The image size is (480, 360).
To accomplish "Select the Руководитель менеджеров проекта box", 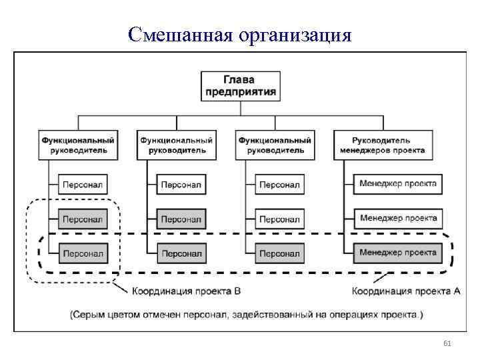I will [391, 145].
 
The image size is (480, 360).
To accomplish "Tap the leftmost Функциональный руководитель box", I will [79, 145].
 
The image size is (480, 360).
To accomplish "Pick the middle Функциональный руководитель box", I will [177, 145].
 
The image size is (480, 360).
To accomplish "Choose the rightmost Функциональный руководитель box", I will [275, 145].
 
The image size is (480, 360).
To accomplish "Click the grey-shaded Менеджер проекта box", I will [398, 253].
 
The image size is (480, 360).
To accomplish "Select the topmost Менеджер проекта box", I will [398, 183].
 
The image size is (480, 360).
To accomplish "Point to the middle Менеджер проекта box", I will [398, 218].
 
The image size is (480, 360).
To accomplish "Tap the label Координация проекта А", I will [405, 291].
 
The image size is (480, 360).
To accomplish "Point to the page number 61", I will [447, 343].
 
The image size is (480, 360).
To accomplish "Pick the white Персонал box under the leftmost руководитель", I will [83, 184].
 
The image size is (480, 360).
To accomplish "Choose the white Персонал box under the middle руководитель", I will [181, 184].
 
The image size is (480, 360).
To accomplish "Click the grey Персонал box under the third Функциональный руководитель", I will [279, 253].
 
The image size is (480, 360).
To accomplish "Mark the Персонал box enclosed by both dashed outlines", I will [83, 253].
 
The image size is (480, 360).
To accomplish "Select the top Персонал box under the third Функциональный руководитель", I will [279, 184].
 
